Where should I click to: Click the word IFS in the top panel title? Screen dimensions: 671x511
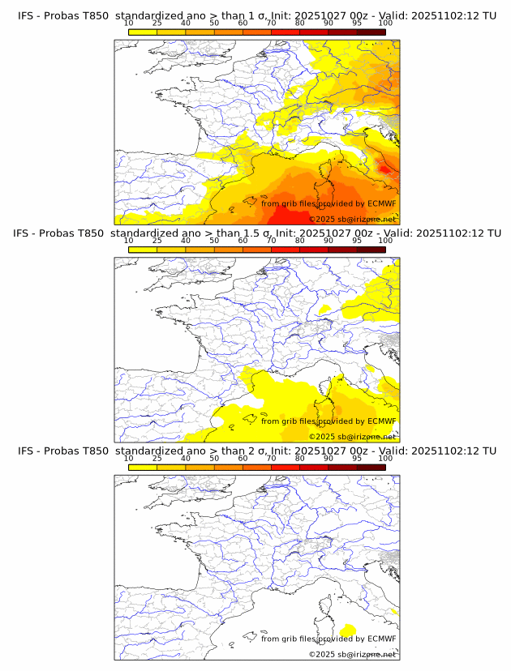pos(27,15)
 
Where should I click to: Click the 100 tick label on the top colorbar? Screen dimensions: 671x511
pos(385,24)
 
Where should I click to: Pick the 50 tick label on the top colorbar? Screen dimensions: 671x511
pos(214,24)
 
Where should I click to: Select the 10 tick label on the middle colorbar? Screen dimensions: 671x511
pos(128,241)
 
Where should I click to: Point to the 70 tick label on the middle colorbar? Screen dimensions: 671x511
pos(271,241)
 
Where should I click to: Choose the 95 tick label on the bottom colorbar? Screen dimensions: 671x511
pos(357,458)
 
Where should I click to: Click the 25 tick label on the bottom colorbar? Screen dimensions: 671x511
pos(157,458)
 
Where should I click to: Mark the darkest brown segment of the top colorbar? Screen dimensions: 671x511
pos(371,32)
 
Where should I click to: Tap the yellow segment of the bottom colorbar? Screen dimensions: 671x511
pos(142,467)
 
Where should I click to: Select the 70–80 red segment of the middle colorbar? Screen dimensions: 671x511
pos(285,250)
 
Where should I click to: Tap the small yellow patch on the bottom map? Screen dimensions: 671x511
pos(349,630)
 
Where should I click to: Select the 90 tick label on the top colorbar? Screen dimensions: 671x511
pos(328,24)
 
